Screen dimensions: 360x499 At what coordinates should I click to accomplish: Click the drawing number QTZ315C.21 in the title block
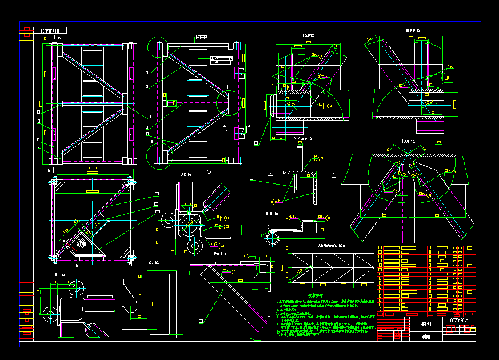pyautogui.click(x=462, y=321)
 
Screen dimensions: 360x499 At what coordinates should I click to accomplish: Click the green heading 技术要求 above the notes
pyautogui.click(x=316, y=295)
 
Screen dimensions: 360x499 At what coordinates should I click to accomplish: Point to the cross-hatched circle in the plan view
pyautogui.click(x=81, y=242)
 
